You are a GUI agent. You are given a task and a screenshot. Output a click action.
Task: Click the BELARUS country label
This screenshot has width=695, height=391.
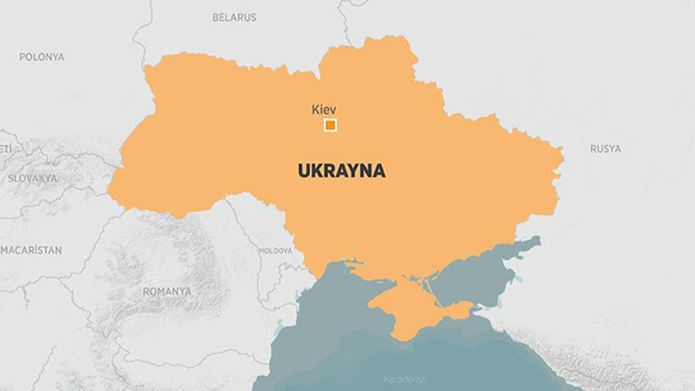coord(234,17)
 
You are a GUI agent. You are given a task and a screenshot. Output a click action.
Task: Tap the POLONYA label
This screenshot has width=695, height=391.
coord(42,57)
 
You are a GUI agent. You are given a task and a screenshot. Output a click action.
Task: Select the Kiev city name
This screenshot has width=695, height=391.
coord(324,109)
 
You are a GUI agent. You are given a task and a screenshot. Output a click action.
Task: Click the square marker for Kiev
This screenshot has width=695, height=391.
coord(330,125)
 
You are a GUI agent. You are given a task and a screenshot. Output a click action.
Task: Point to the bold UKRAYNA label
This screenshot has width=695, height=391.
coord(341,171)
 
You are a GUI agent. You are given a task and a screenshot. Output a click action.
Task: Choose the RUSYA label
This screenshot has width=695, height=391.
coord(605,149)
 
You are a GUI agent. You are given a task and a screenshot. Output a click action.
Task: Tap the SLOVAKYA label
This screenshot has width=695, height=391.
coord(32,178)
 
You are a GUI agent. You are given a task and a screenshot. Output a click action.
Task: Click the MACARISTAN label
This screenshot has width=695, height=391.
coord(31,250)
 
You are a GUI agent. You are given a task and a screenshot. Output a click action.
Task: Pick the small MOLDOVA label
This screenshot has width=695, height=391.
coord(276,251)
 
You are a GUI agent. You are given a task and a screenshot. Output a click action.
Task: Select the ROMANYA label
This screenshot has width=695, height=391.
coord(167,291)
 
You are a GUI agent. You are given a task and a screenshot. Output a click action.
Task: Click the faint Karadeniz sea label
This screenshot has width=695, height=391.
coord(404,379)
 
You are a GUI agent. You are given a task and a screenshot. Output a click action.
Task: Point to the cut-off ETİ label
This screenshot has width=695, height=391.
coord(5,149)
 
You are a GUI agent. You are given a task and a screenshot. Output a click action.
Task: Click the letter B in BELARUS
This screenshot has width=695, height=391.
coord(215,17)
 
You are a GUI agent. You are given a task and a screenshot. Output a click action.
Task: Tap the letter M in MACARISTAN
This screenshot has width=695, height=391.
coord(5,250)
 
